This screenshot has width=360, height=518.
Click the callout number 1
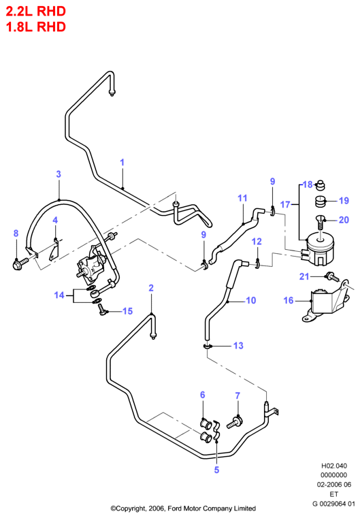pyautogui.click(x=122, y=162)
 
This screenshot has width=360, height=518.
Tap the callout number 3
pyautogui.click(x=59, y=174)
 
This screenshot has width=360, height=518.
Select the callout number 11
pyautogui.click(x=242, y=198)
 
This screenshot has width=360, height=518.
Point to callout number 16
pyautogui.click(x=289, y=300)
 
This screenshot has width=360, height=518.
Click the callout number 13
pyautogui.click(x=238, y=346)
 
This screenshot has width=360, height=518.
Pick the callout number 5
pyautogui.click(x=216, y=470)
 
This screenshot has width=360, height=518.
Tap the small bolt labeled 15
pyautogui.click(x=102, y=310)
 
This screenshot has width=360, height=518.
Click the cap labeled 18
pyautogui.click(x=320, y=185)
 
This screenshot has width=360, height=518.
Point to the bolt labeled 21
pyautogui.click(x=332, y=277)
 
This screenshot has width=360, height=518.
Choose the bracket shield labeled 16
pyautogui.click(x=325, y=301)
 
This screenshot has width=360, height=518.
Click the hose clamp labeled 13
pyautogui.click(x=208, y=346)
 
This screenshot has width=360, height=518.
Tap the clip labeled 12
pyautogui.click(x=258, y=263)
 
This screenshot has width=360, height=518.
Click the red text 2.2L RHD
pyautogui.click(x=36, y=12)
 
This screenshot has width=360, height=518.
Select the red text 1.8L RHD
pyautogui.click(x=36, y=27)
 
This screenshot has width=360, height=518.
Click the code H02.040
pyautogui.click(x=334, y=466)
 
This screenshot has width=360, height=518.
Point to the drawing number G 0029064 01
pyautogui.click(x=333, y=504)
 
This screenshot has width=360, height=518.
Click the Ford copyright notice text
pyautogui.click(x=183, y=508)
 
